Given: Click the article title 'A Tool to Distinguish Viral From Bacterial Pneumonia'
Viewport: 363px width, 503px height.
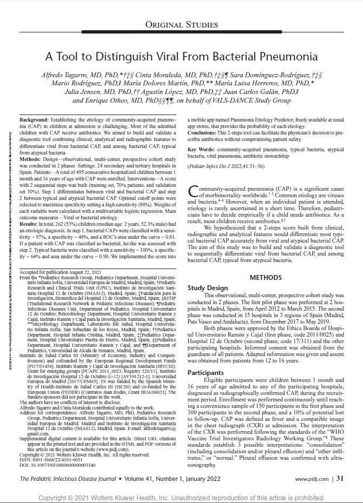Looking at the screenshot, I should [x=181, y=56].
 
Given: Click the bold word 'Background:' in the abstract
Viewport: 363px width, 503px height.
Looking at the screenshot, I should [x=34, y=118].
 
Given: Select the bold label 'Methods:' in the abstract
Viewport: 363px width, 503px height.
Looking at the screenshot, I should [x=31, y=160].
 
